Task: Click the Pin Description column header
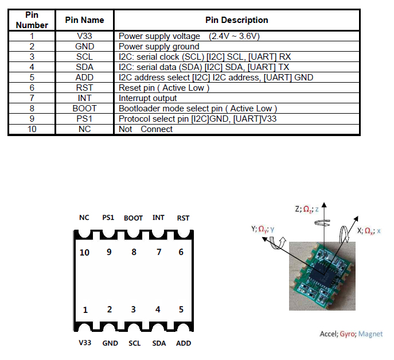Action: [237, 20]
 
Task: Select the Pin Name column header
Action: [84, 20]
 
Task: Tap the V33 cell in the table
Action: [84, 36]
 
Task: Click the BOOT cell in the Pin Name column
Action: [84, 108]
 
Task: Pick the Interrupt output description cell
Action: [147, 98]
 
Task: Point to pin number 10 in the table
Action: [32, 129]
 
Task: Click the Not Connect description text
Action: [146, 129]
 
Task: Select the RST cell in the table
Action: [84, 88]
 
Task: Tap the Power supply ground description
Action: [159, 47]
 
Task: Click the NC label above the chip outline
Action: [84, 218]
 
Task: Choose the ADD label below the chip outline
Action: [184, 343]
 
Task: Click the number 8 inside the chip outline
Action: [134, 252]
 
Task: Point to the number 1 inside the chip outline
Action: [85, 310]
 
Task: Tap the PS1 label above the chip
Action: [108, 218]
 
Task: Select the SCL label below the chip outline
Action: [134, 343]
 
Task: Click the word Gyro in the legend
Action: [348, 334]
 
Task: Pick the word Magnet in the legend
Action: [370, 334]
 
